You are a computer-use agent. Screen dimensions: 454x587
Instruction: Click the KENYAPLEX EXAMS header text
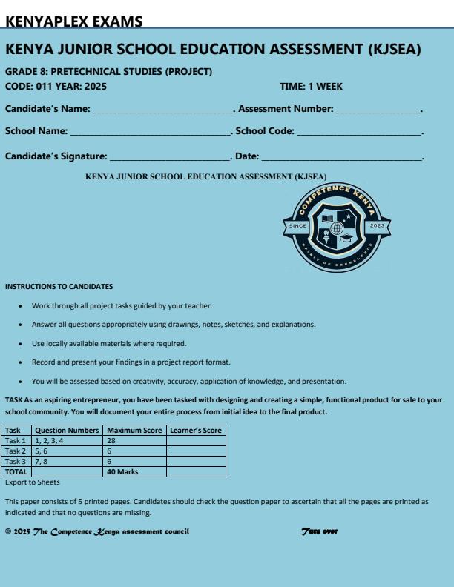74,21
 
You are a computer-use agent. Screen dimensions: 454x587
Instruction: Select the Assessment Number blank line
378,110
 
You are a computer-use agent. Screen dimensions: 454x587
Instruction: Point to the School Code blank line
358,133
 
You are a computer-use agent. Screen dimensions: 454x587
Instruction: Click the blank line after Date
341,157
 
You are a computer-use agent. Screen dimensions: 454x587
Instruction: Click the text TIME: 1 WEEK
311,87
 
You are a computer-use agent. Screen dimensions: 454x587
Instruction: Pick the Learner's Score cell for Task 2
195,451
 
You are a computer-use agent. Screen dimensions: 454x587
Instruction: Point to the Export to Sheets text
32,482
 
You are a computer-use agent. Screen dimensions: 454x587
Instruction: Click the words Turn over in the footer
320,531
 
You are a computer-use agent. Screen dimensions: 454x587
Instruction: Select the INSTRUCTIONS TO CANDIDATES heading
59,287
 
